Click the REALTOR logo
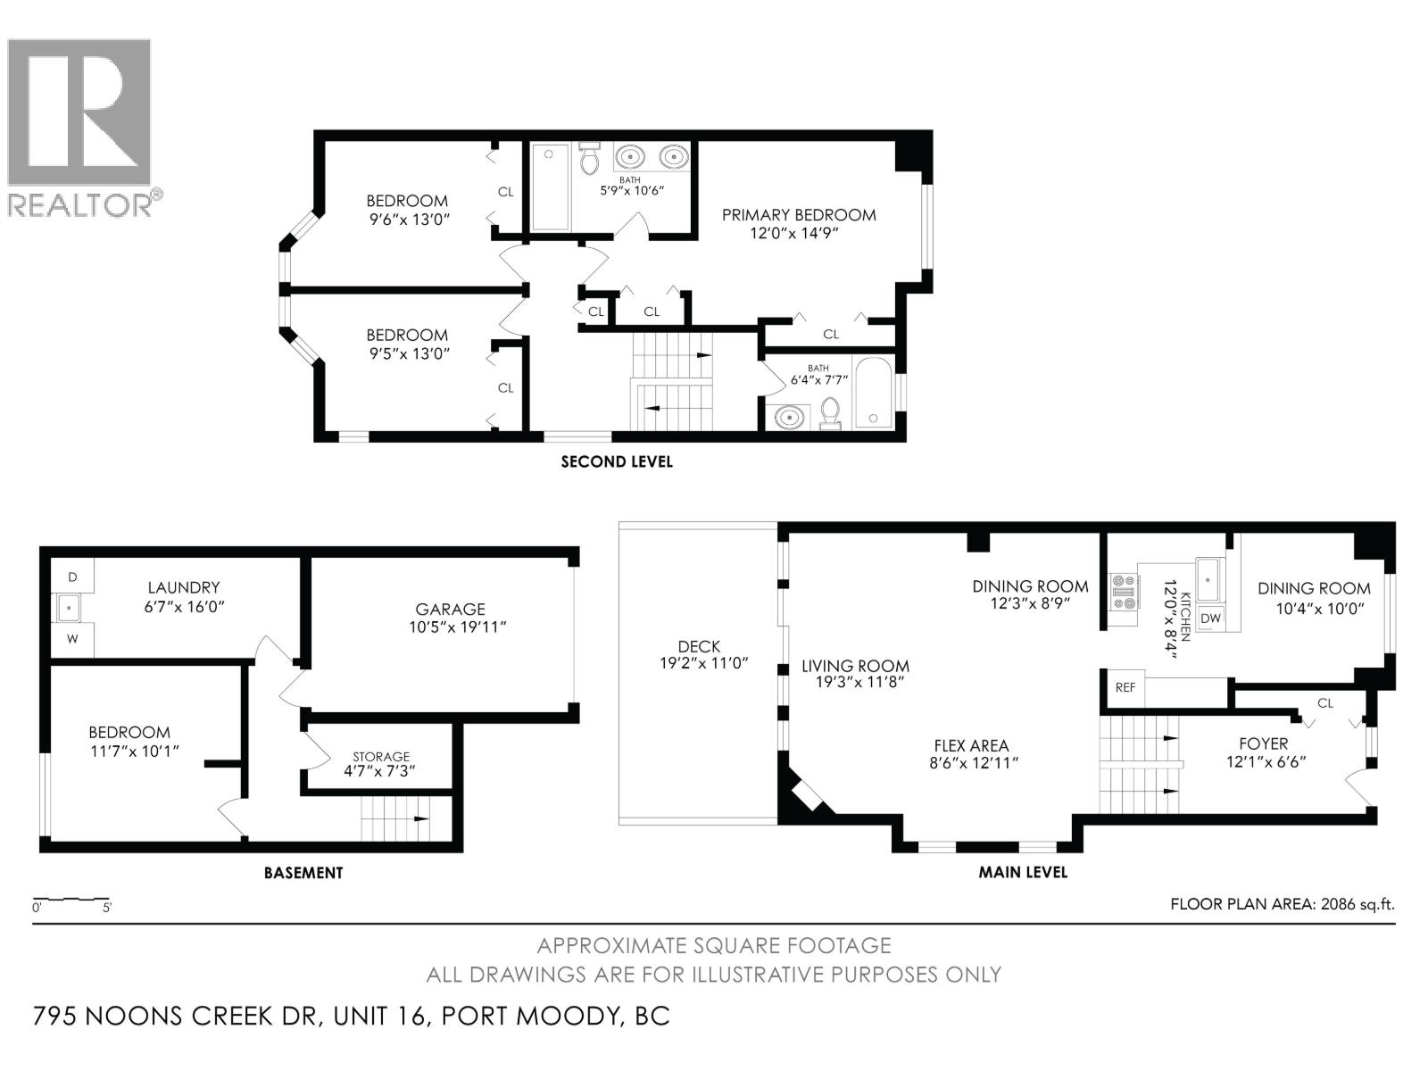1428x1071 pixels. (x=79, y=125)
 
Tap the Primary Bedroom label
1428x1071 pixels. (x=798, y=215)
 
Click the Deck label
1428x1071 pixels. (x=699, y=646)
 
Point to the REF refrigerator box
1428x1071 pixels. (x=1125, y=688)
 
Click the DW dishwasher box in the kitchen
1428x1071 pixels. (x=1210, y=619)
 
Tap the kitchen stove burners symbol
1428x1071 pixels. (x=1124, y=592)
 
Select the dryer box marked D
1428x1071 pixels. (x=72, y=577)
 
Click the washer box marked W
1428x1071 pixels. (x=72, y=638)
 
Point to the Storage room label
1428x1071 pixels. (x=381, y=756)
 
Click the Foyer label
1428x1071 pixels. (x=1263, y=743)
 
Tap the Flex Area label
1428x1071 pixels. (x=971, y=745)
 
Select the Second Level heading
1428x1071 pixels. (x=616, y=461)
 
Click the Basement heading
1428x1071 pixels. (x=303, y=872)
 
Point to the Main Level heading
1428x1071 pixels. (x=1022, y=871)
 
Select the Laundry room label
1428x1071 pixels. (x=183, y=587)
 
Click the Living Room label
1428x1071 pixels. (x=854, y=666)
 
